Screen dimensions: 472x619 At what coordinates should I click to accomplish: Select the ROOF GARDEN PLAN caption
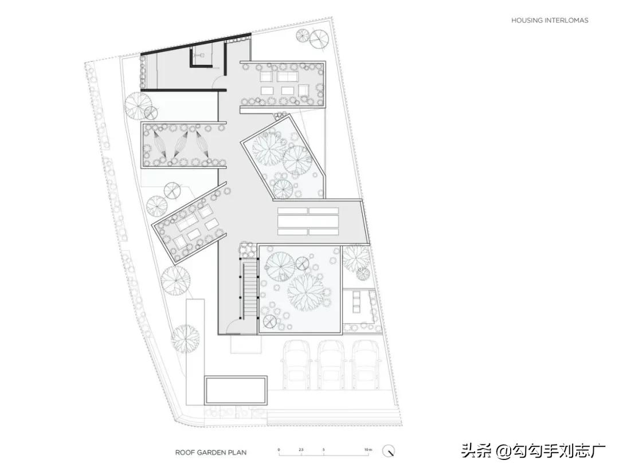(211, 453)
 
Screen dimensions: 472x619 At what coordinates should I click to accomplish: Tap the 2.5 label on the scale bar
(301, 450)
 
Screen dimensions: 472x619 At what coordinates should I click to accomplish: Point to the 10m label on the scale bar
(367, 450)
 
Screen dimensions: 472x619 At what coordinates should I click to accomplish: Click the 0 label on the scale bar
(279, 450)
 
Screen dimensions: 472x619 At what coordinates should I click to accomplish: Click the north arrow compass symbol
(390, 451)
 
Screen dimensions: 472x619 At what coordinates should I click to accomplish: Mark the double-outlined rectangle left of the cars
(235, 390)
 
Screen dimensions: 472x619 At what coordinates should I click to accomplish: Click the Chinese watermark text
(533, 451)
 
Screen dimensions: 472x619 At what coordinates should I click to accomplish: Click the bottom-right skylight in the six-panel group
(323, 232)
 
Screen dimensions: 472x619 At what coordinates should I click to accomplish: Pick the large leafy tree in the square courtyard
(305, 289)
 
